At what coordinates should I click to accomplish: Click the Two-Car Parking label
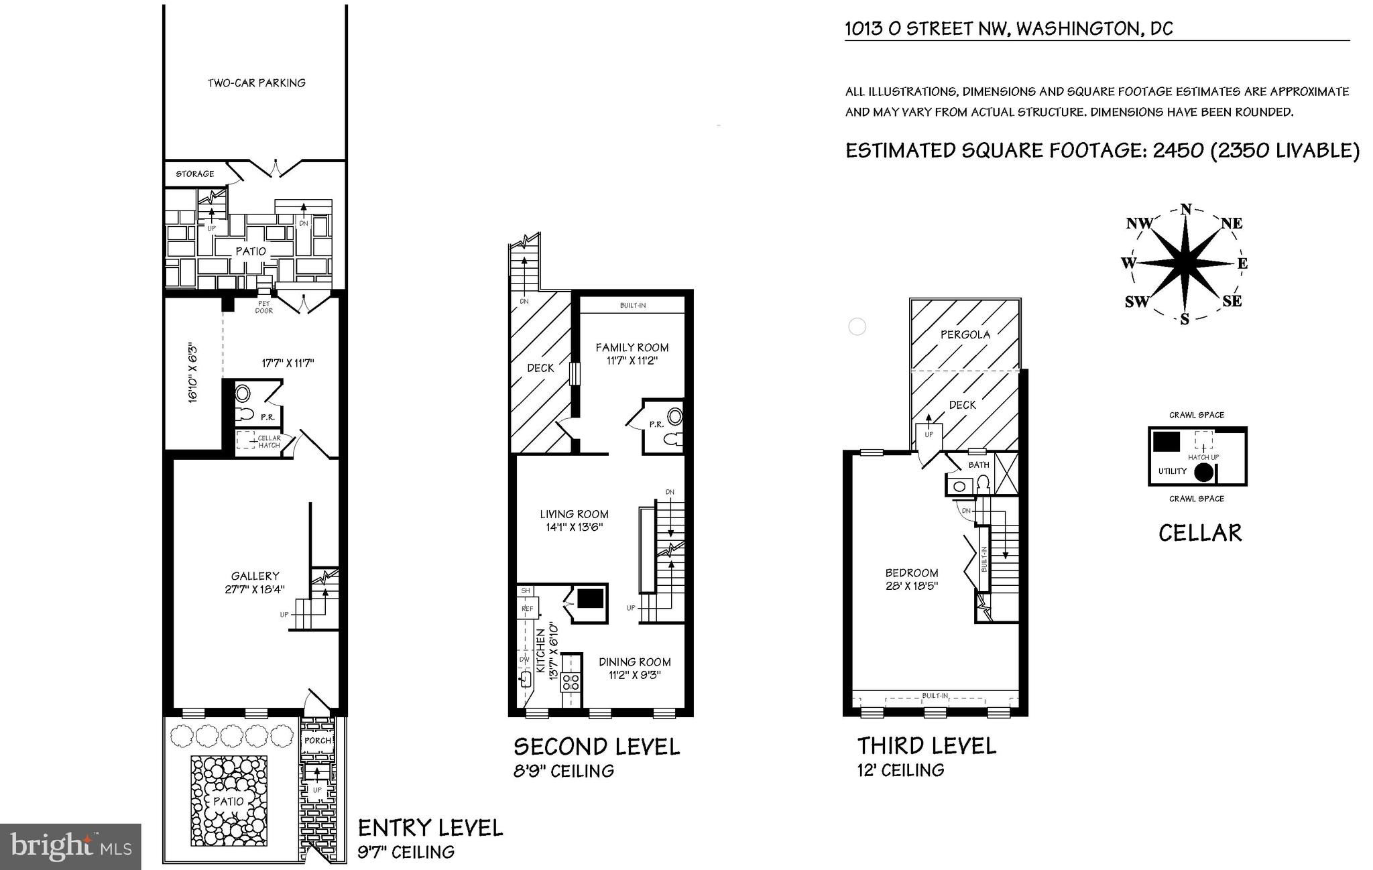click(x=256, y=83)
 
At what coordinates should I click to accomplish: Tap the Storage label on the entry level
click(x=195, y=174)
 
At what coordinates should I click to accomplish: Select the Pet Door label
click(x=264, y=307)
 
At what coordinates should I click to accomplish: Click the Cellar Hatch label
click(x=270, y=442)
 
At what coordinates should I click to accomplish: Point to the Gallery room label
click(x=255, y=576)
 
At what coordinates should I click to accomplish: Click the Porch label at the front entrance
click(x=318, y=741)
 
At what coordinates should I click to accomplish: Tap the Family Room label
click(x=632, y=347)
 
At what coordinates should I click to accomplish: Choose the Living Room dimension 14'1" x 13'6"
click(x=575, y=527)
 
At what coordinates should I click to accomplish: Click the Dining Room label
click(x=635, y=662)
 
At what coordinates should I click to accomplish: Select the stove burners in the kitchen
click(x=571, y=682)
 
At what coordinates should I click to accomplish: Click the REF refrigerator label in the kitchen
click(x=528, y=609)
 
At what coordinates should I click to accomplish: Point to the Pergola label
click(x=965, y=334)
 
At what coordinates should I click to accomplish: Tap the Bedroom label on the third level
click(x=912, y=573)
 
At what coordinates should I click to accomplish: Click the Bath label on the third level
click(x=979, y=464)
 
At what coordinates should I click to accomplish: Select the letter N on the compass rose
click(x=1186, y=208)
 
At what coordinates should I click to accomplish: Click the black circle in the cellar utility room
click(x=1203, y=472)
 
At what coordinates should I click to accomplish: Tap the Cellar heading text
click(x=1200, y=533)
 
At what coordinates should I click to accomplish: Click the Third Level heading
click(x=927, y=745)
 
